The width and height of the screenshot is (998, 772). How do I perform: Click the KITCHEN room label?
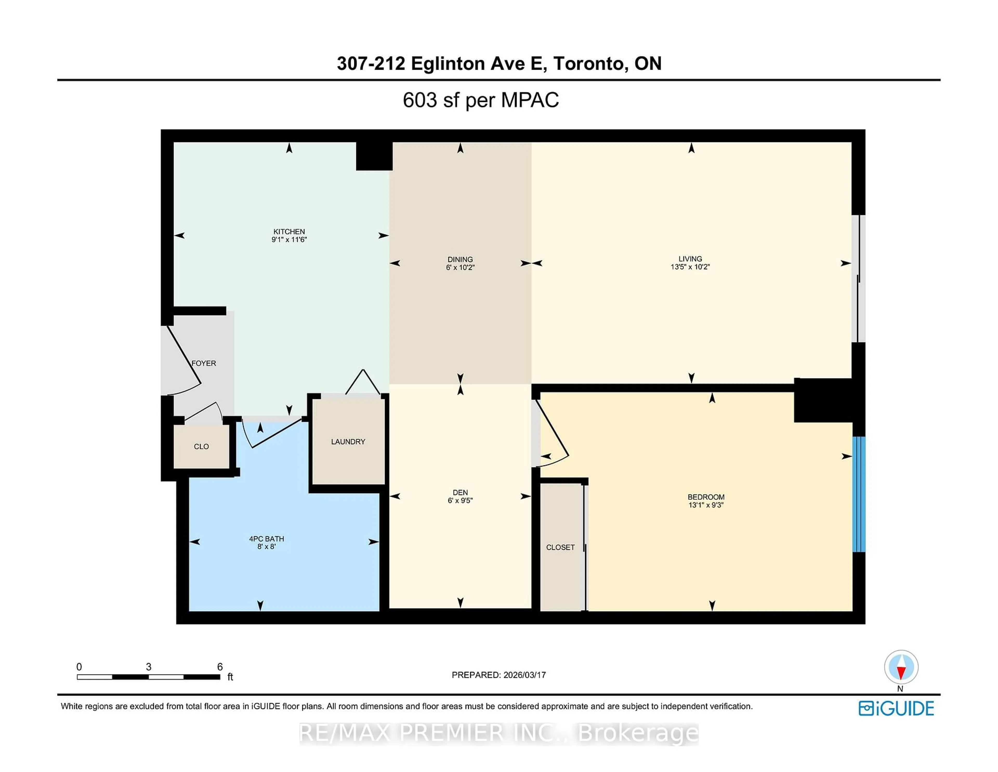pyautogui.click(x=289, y=231)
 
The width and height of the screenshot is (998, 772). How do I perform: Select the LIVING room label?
pyautogui.click(x=690, y=259)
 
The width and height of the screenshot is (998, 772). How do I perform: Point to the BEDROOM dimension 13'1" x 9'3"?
pyautogui.click(x=706, y=505)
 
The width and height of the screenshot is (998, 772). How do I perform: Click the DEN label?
pyautogui.click(x=460, y=493)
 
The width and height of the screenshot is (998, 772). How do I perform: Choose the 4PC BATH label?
pyautogui.click(x=266, y=539)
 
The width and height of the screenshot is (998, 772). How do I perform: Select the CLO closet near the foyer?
pyautogui.click(x=201, y=446)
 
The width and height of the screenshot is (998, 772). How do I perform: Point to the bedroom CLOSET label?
pyautogui.click(x=560, y=547)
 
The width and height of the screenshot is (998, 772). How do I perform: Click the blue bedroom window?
pyautogui.click(x=859, y=494)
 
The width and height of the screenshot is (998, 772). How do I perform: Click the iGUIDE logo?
pyautogui.click(x=896, y=709)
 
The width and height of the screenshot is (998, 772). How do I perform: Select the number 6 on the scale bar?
pyautogui.click(x=220, y=667)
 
